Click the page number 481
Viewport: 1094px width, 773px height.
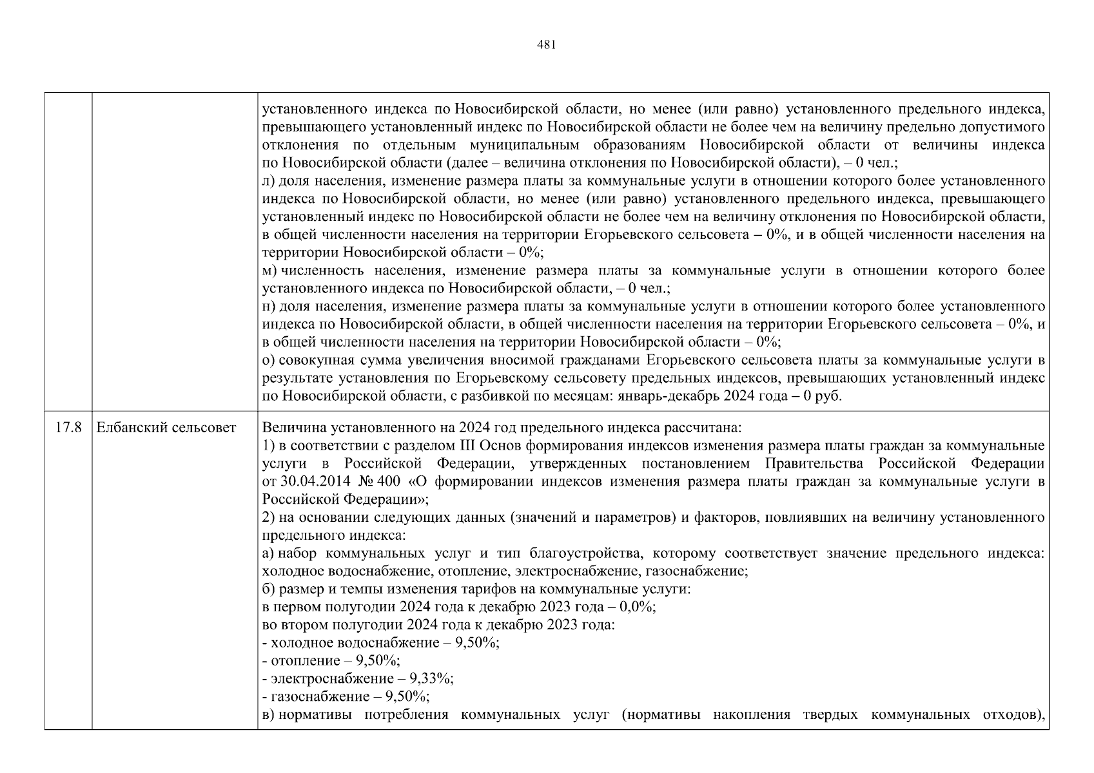[x=546, y=45]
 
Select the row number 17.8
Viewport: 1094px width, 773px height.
[x=68, y=428]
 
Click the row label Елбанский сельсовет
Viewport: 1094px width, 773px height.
[x=166, y=428]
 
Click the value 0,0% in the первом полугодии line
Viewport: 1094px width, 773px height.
[x=635, y=607]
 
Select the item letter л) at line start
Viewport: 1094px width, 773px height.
[x=269, y=182]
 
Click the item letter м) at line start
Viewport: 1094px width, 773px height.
[x=270, y=271]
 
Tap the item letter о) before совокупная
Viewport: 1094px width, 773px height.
[x=269, y=360]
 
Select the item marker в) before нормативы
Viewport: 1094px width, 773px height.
[x=269, y=714]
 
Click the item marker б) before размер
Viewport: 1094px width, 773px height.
[x=269, y=589]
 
